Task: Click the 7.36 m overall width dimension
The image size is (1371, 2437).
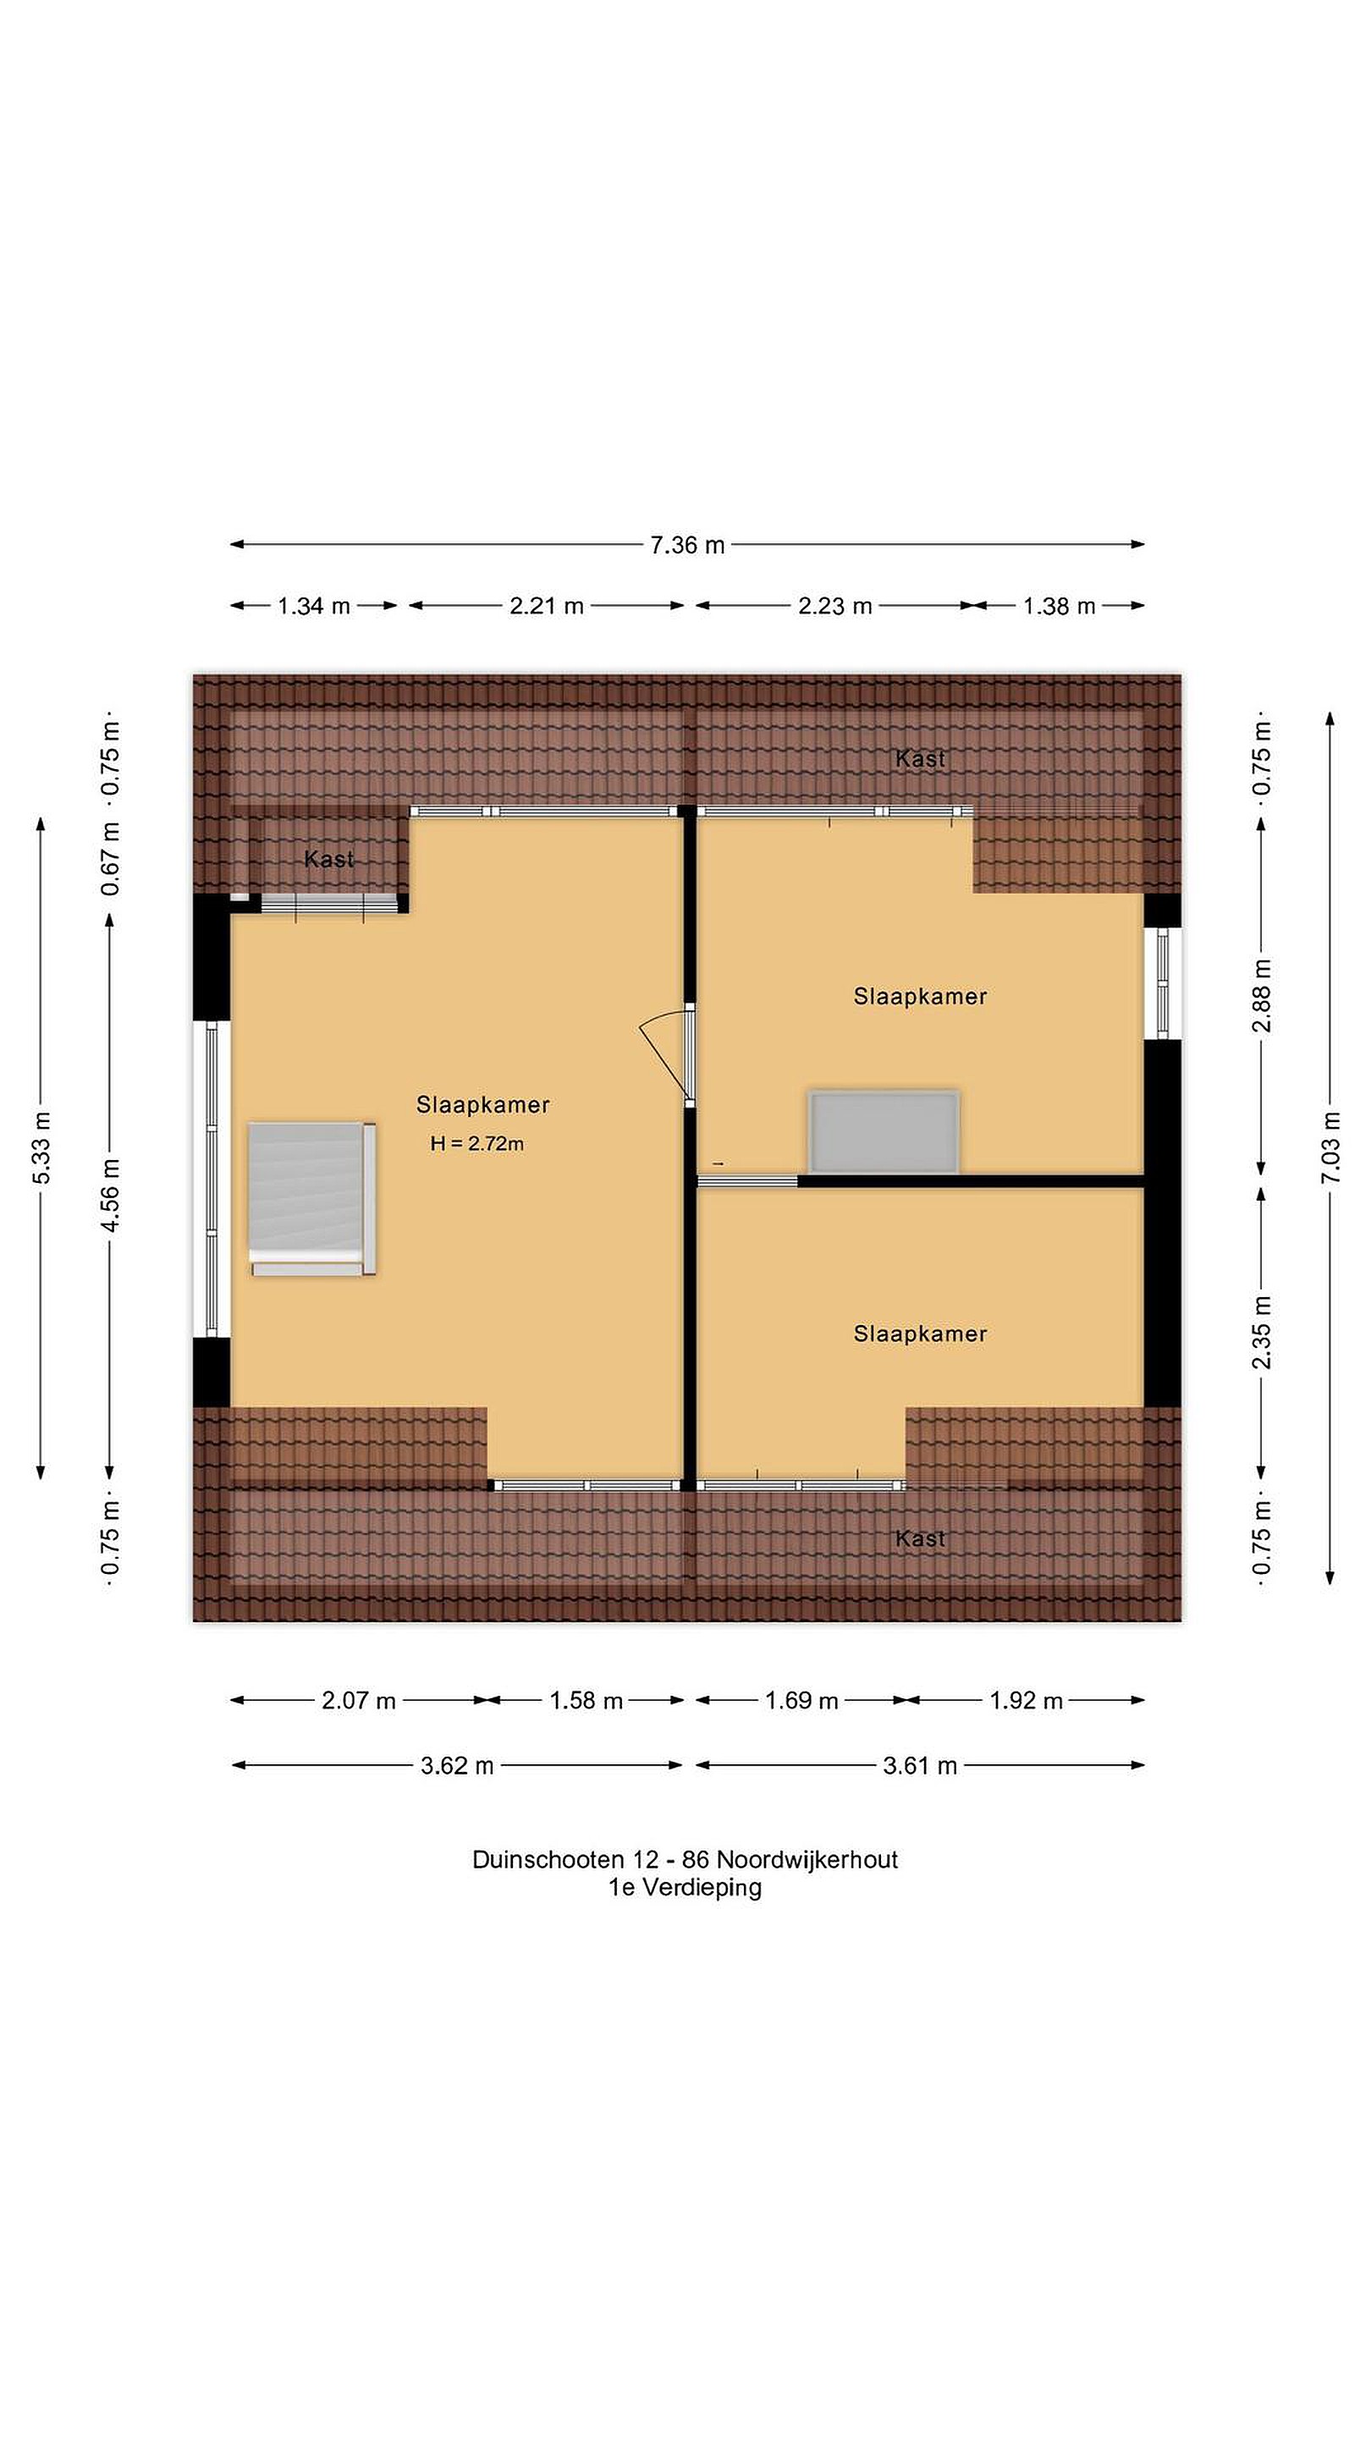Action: click(687, 545)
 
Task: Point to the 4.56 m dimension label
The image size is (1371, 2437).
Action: click(110, 1196)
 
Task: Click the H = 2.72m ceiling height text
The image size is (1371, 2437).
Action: click(476, 1144)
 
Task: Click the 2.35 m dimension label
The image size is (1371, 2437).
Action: click(1261, 1332)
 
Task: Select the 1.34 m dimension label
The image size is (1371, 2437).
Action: click(313, 607)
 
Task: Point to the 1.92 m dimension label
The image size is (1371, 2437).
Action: click(1026, 1701)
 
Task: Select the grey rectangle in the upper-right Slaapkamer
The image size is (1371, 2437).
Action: click(884, 1132)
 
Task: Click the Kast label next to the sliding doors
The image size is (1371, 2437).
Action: click(328, 859)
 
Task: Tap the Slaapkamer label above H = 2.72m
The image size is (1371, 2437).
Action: click(482, 1104)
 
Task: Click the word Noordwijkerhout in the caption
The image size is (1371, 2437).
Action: click(807, 1860)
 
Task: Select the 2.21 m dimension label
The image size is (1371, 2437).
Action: click(546, 607)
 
